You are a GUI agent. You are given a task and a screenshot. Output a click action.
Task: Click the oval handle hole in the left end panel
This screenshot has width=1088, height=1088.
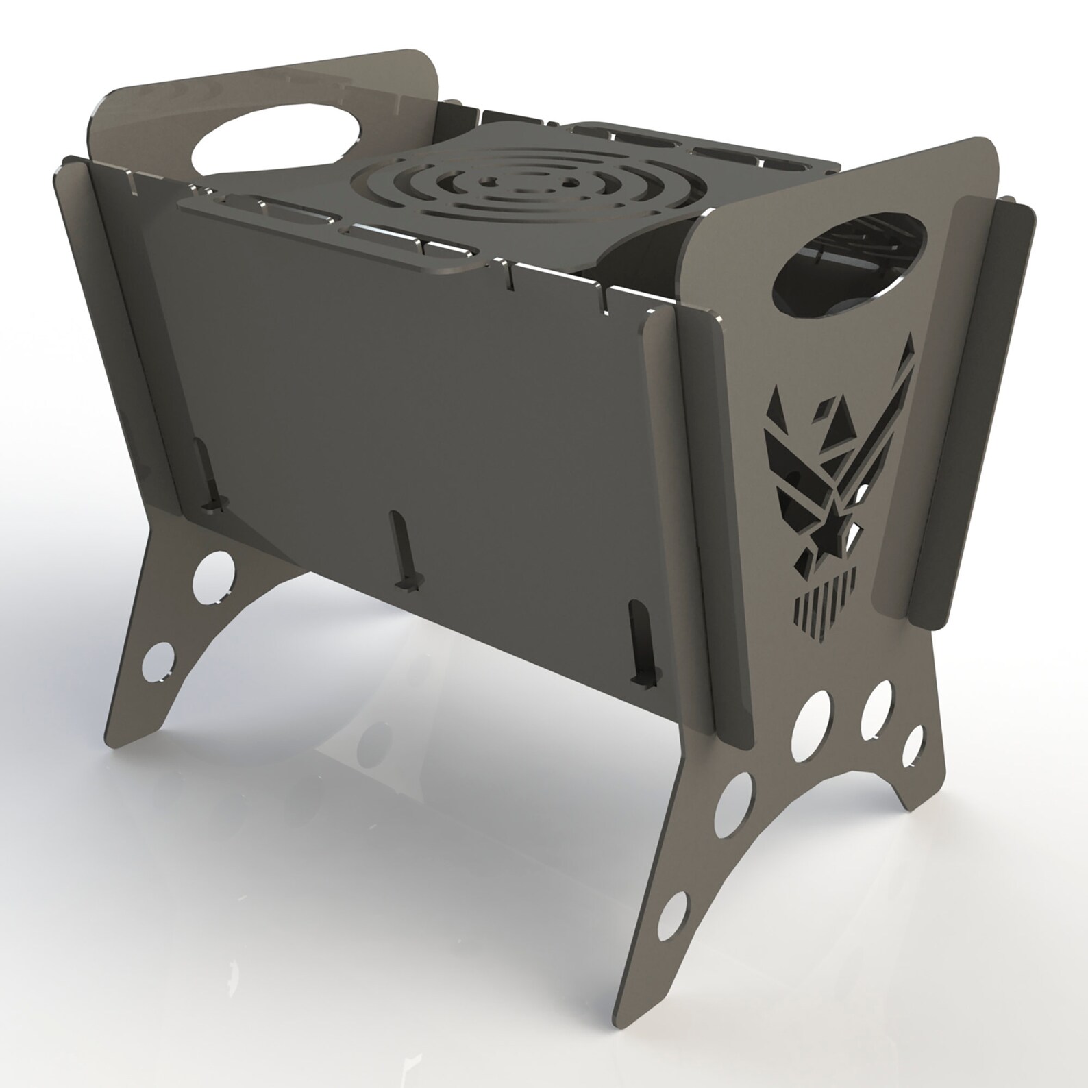pos(277,143)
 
